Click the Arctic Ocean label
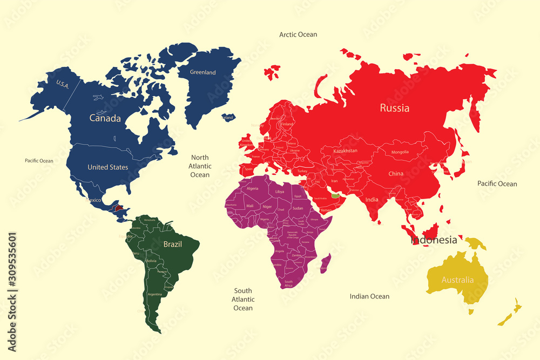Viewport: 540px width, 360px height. pyautogui.click(x=298, y=35)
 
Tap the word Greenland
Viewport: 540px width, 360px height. pyautogui.click(x=202, y=72)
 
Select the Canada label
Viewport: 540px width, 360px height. pyautogui.click(x=105, y=118)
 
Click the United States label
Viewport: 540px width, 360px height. pyautogui.click(x=108, y=167)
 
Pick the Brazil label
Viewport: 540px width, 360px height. pyautogui.click(x=173, y=244)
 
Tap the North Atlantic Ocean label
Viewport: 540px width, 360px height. pyautogui.click(x=200, y=166)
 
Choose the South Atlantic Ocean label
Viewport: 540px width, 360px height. pyautogui.click(x=243, y=299)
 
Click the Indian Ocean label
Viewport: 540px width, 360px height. pyautogui.click(x=369, y=296)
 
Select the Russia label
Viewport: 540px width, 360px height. pyautogui.click(x=394, y=108)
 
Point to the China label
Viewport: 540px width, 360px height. pyautogui.click(x=396, y=174)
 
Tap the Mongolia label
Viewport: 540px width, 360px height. pyautogui.click(x=400, y=152)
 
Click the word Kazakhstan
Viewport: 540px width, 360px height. pyautogui.click(x=346, y=151)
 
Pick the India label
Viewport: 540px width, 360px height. pyautogui.click(x=372, y=200)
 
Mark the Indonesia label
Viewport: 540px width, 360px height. pyautogui.click(x=434, y=240)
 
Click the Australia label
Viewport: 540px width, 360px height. pyautogui.click(x=457, y=280)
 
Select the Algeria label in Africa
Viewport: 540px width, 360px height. pyautogui.click(x=252, y=188)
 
